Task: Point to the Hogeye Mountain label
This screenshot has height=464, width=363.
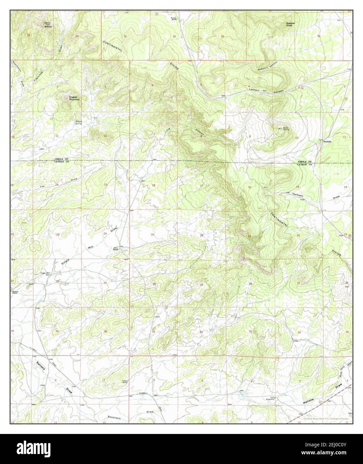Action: [x=73, y=98]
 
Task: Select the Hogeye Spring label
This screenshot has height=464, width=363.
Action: [x=78, y=122]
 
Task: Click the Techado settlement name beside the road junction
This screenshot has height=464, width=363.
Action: [x=327, y=142]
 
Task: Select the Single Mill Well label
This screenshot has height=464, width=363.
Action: [x=45, y=274]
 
